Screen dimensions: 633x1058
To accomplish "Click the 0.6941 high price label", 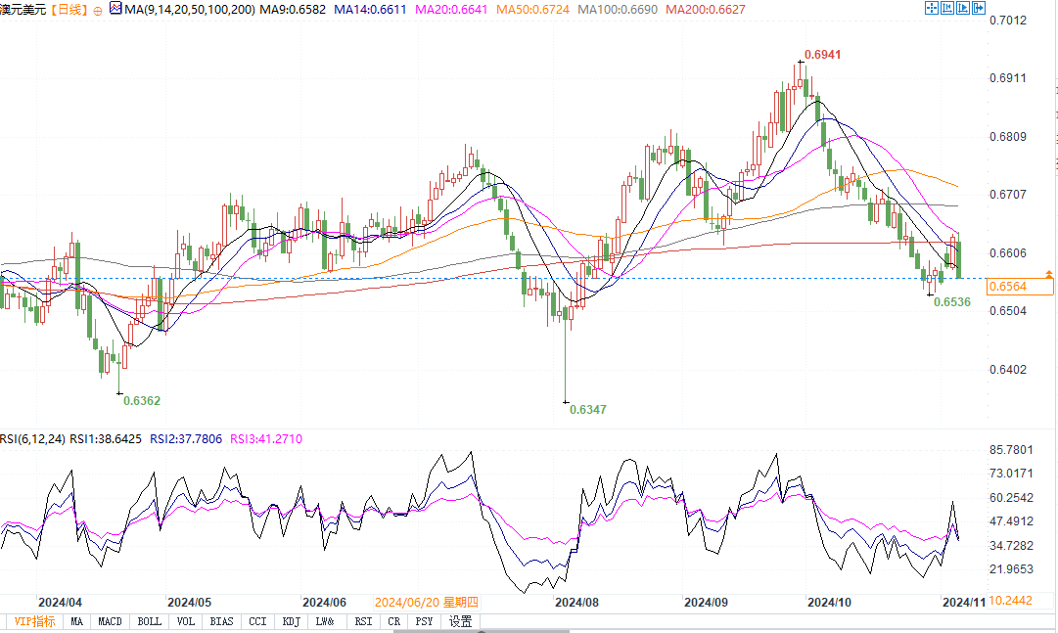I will (x=822, y=55).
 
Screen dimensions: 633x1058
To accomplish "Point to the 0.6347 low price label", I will (x=588, y=409).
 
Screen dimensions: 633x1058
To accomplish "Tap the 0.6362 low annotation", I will (x=142, y=400).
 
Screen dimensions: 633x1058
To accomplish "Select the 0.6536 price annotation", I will (x=951, y=302).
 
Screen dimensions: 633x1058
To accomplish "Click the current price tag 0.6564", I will (x=1007, y=286).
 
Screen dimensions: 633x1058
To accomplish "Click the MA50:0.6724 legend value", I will (x=533, y=9).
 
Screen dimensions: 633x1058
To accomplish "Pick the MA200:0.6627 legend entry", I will (x=704, y=9).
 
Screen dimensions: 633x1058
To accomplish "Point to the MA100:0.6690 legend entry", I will (x=617, y=9).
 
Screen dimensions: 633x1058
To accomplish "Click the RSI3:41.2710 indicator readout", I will (x=265, y=439).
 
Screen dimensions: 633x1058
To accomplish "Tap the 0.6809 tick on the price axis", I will (x=1007, y=137).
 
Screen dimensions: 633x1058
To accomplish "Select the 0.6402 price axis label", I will (x=1007, y=369).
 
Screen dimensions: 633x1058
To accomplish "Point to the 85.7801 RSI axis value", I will (x=1010, y=450).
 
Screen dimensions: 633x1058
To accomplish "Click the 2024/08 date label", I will (x=575, y=603).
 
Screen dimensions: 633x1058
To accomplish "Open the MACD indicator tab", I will (x=111, y=621).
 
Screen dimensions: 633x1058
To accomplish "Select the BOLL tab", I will (x=149, y=621).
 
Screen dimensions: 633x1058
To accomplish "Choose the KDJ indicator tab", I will (x=291, y=621).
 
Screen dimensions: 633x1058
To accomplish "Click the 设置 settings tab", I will (x=460, y=621).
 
